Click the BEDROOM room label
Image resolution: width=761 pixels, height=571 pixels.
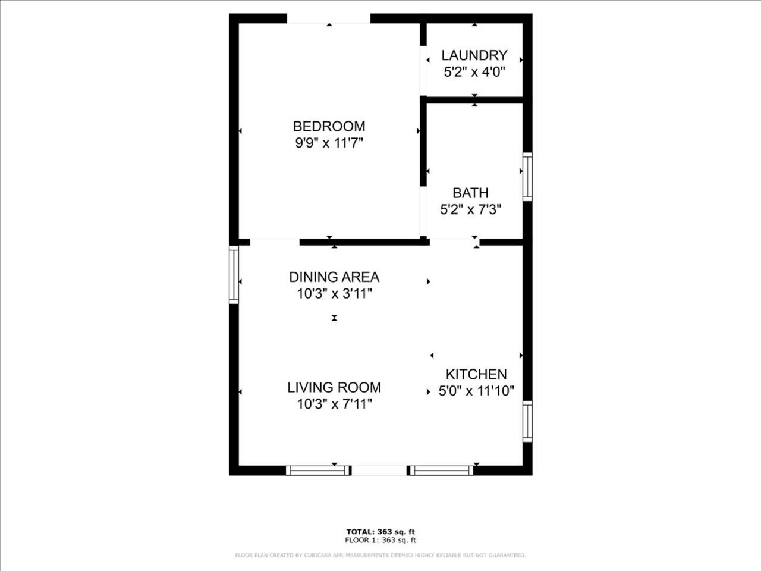[x=329, y=126]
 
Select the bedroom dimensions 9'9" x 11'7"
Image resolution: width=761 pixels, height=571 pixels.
[x=329, y=143]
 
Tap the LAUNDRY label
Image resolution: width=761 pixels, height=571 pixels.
[x=474, y=55]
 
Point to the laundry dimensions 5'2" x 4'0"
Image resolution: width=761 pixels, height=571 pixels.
[x=474, y=72]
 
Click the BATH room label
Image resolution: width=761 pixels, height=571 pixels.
[x=470, y=193]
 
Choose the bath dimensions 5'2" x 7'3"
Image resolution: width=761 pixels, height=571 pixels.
[x=470, y=209]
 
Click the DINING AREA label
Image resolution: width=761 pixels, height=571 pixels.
[x=334, y=277]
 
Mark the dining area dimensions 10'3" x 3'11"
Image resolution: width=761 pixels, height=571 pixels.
[x=334, y=294]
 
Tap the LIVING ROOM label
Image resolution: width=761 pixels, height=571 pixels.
[x=334, y=387]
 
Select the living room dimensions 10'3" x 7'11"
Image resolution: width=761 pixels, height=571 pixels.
[x=334, y=404]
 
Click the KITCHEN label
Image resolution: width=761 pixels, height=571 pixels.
[x=476, y=374]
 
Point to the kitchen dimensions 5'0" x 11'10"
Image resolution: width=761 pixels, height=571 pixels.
[x=476, y=391]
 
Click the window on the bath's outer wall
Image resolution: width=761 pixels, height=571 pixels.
[x=527, y=177]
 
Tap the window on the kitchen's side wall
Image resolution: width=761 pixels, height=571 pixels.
[x=527, y=421]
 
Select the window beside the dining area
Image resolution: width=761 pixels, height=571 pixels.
[x=234, y=275]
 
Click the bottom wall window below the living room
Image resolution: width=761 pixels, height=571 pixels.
[x=318, y=470]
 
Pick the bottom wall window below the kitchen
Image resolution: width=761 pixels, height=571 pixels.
[x=442, y=470]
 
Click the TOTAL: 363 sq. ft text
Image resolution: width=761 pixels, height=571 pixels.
[x=380, y=532]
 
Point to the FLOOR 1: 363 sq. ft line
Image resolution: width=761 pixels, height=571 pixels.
[x=380, y=540]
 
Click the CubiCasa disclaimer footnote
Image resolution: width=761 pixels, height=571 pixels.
[x=380, y=556]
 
